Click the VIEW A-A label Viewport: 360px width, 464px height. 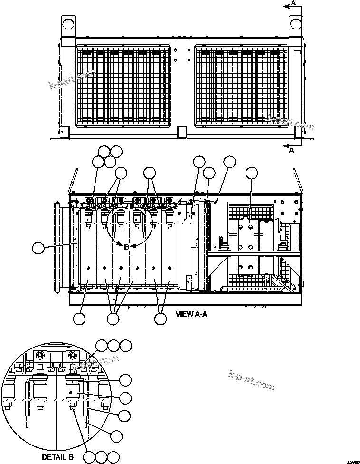click(x=191, y=314)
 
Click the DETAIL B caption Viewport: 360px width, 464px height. click(x=57, y=457)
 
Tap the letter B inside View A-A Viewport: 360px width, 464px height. click(x=126, y=247)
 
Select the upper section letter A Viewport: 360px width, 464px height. click(x=294, y=3)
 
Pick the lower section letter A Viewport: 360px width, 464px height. click(x=292, y=151)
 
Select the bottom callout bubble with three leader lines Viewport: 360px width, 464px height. click(x=113, y=319)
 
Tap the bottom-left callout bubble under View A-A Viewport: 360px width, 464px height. click(x=80, y=319)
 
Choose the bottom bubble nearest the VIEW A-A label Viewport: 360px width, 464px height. click(x=161, y=319)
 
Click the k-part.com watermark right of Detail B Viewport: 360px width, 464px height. click(x=251, y=380)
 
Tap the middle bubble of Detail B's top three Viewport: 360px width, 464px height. click(x=114, y=346)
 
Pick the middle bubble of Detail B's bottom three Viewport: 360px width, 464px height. click(x=100, y=457)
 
